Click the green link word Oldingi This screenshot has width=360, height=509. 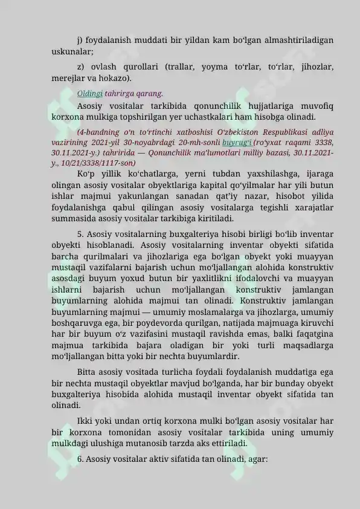90,93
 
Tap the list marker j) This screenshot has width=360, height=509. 80,40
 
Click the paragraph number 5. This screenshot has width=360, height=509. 80,234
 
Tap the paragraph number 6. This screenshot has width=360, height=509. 80,459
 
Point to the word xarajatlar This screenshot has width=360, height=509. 309,207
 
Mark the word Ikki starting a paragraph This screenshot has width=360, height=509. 86,421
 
